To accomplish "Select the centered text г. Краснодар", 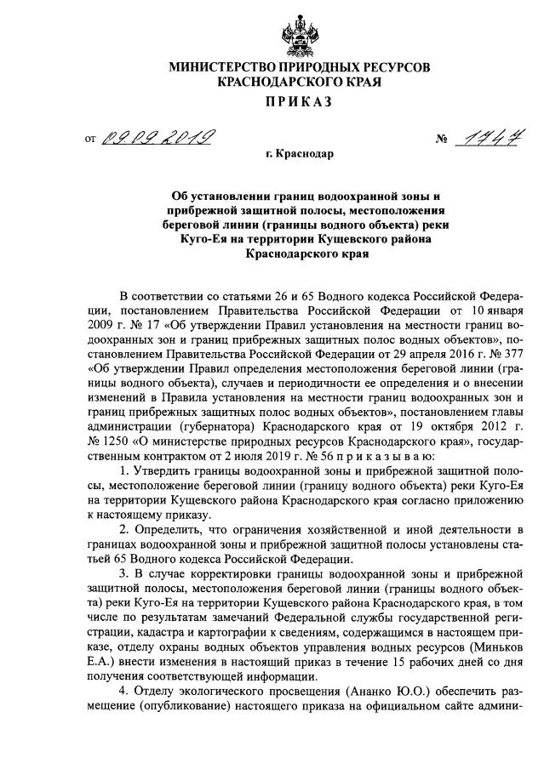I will coord(300,155).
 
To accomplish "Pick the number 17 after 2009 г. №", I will coord(152,324).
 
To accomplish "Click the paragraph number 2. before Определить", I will coord(125,529).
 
